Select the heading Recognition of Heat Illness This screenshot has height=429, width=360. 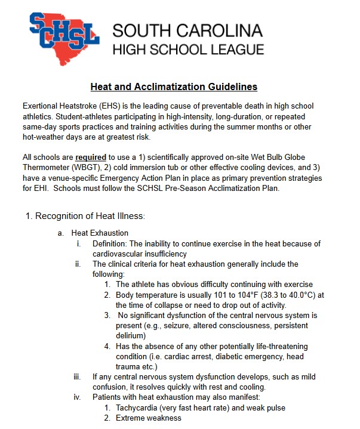pos(85,215)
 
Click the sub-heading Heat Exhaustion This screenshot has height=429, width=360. pos(100,233)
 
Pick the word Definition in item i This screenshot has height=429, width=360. pos(109,243)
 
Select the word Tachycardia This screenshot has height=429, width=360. pos(139,408)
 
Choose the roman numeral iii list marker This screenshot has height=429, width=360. pos(77,377)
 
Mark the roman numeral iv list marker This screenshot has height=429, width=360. pos(77,397)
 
